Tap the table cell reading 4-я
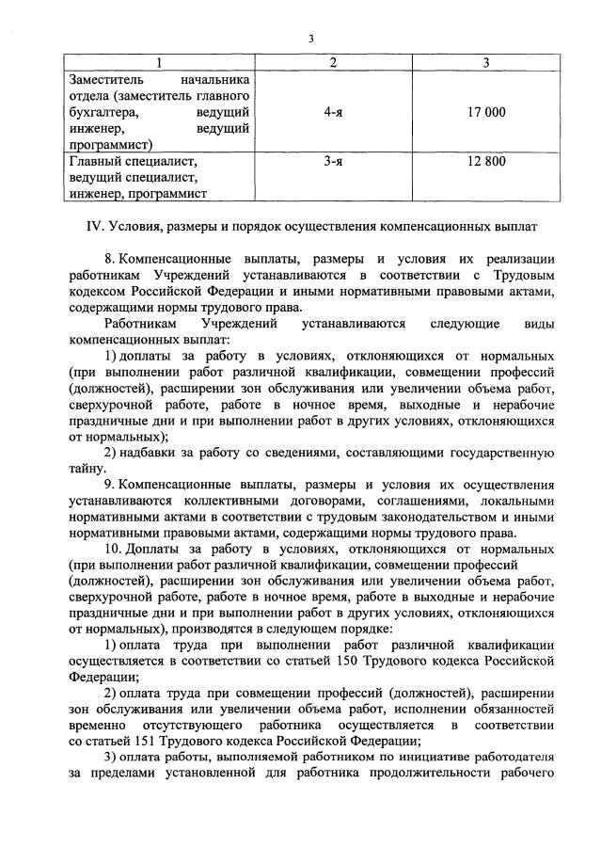pos(332,112)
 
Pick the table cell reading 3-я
pos(332,161)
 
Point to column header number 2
pos(332,63)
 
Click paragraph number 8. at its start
pos(110,258)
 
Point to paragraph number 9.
pos(110,486)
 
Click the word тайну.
pos(88,469)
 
